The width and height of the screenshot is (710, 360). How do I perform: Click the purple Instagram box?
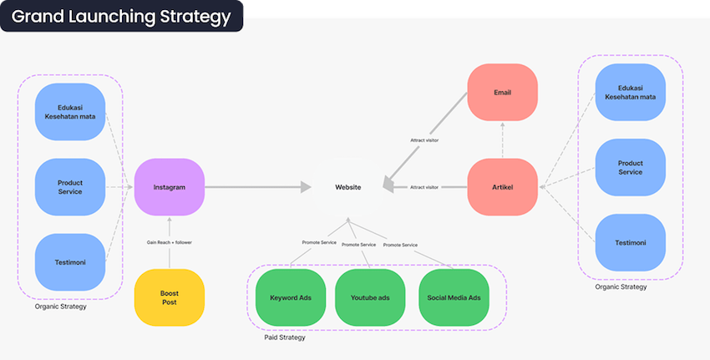pyautogui.click(x=170, y=187)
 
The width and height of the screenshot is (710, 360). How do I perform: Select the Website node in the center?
pyautogui.click(x=348, y=187)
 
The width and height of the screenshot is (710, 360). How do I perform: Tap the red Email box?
pyautogui.click(x=502, y=93)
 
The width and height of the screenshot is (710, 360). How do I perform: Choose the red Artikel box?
pyautogui.click(x=502, y=187)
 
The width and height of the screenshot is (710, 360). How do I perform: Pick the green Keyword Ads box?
pyautogui.click(x=290, y=298)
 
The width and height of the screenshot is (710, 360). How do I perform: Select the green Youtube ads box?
pyautogui.click(x=370, y=298)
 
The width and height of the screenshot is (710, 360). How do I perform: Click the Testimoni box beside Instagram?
pyautogui.click(x=69, y=262)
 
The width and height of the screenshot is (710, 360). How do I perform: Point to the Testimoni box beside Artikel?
pyautogui.click(x=631, y=243)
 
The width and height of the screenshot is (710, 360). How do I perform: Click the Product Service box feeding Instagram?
pyautogui.click(x=69, y=187)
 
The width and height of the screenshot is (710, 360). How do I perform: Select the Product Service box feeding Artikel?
pyautogui.click(x=631, y=167)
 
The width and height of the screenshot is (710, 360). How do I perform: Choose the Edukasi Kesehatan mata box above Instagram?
pyautogui.click(x=69, y=111)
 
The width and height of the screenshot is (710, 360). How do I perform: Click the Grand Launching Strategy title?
pyautogui.click(x=122, y=16)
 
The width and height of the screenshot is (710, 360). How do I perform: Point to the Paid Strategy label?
pyautogui.click(x=279, y=337)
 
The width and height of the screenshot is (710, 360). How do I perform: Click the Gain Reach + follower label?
pyautogui.click(x=170, y=242)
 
